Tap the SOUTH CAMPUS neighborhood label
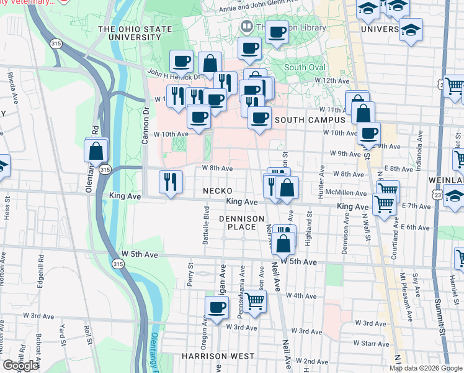point(309,119)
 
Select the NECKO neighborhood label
point(216,191)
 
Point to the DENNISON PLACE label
point(242,223)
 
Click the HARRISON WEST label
point(218,356)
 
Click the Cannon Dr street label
point(146,126)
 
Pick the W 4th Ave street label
point(304,295)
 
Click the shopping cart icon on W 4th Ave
point(254,300)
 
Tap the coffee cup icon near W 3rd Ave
point(216,306)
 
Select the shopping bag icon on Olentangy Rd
point(97,150)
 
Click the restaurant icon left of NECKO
point(171,182)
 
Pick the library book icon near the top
point(246,27)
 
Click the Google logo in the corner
point(20,366)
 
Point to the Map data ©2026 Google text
point(425,368)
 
